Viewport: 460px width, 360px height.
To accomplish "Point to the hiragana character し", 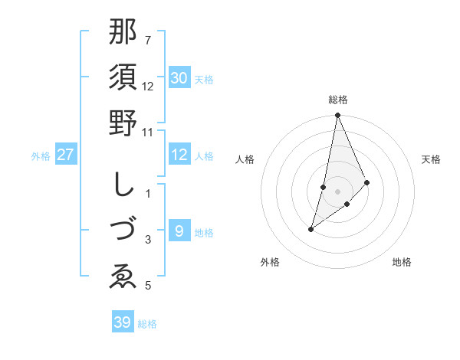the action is coord(123,184).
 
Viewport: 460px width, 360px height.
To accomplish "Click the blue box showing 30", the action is coord(179,78).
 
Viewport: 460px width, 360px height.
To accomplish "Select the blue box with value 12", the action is coord(179,155).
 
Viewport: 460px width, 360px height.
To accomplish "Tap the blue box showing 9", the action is coord(179,231).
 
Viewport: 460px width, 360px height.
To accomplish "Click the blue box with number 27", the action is coord(65,155).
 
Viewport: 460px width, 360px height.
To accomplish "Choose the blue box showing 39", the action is coord(122,322).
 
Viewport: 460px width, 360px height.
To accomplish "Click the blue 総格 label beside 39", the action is coord(147,324).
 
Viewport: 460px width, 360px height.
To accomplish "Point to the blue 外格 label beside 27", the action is coord(41,156).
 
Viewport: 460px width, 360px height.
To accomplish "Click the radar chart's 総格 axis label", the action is coord(337,100).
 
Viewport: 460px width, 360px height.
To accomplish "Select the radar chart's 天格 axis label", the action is coord(432,159).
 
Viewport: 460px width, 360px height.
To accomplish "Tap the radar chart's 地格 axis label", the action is coord(402,263).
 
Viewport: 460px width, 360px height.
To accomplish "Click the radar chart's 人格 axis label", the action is coord(245,159).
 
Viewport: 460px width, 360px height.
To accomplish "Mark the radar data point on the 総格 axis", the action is coord(337,116).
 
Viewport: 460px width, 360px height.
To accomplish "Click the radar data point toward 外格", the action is coord(310,229).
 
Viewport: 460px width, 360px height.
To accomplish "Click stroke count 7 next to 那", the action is coord(148,40).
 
